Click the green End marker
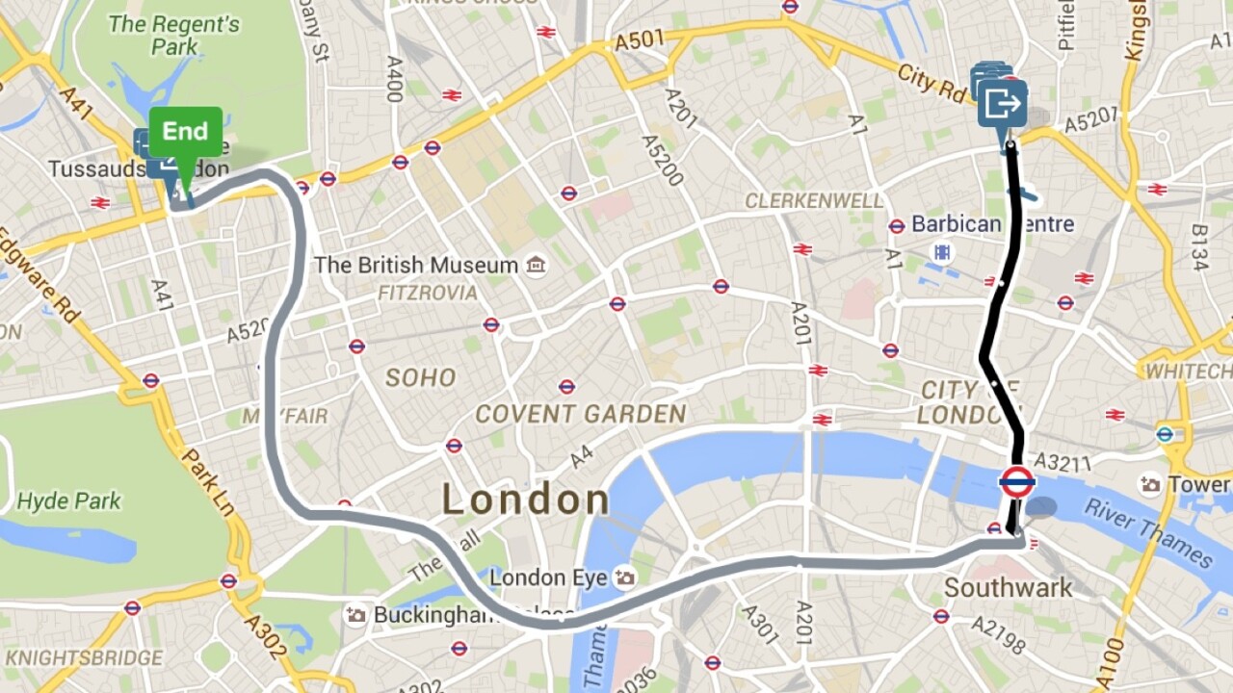[x=185, y=133]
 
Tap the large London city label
[x=525, y=500]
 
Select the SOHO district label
[x=420, y=377]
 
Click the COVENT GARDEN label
[x=581, y=415]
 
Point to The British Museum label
[x=416, y=265]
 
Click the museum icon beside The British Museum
[x=536, y=265]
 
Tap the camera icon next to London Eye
[x=626, y=577]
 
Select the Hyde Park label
[x=69, y=501]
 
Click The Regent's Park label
[x=173, y=35]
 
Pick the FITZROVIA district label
[x=427, y=293]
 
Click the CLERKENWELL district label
[x=814, y=201]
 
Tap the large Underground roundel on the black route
[x=1017, y=481]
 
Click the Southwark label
[x=1008, y=587]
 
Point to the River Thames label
[x=1149, y=531]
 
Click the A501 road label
[x=640, y=41]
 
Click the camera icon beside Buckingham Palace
[x=356, y=614]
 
